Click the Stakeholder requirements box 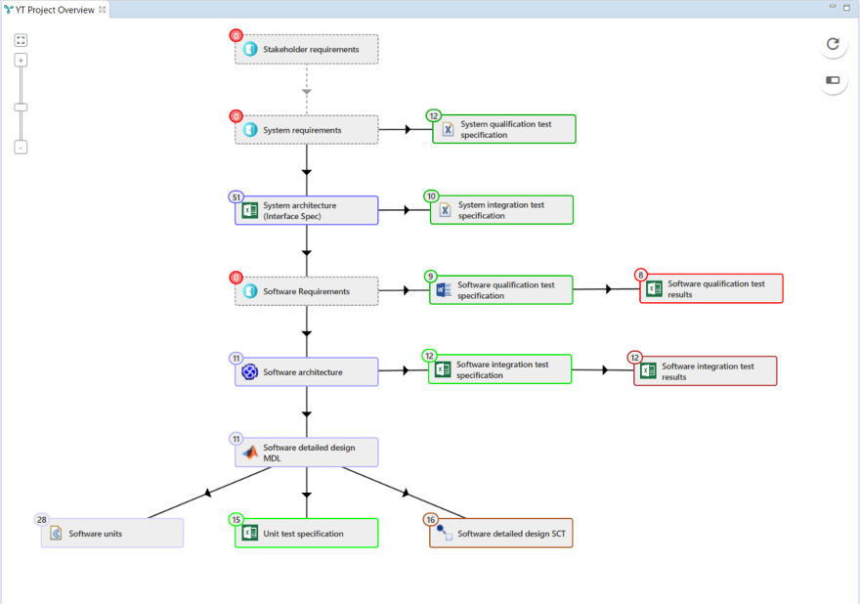306,49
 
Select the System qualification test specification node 504,129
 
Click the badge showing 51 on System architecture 236,196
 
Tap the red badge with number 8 641,276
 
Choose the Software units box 112,533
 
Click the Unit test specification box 306,533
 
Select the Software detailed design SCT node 500,533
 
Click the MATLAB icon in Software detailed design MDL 250,453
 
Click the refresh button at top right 833,44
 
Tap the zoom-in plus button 21,60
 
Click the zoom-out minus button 21,148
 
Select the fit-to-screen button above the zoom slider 21,40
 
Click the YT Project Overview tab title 55,10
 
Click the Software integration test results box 706,371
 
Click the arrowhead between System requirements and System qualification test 408,129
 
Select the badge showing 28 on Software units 41,520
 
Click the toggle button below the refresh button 833,80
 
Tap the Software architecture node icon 250,371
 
